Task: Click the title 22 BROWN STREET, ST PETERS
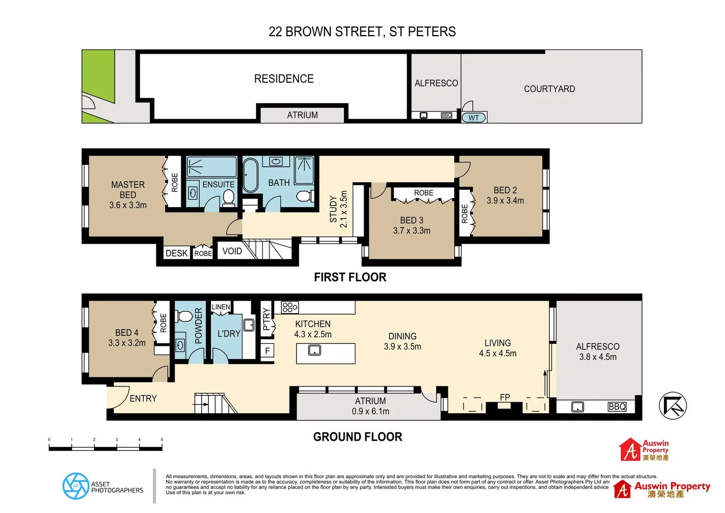tap(362, 32)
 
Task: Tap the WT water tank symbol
tap(474, 117)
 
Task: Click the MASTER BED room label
tap(128, 190)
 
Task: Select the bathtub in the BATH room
tap(250, 175)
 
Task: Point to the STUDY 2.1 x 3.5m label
tap(338, 209)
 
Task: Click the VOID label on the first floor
tap(232, 251)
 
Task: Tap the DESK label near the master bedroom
tap(177, 253)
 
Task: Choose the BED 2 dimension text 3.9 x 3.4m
tap(505, 200)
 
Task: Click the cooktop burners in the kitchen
tap(289, 307)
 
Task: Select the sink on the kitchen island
tap(314, 351)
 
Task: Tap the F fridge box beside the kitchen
tap(268, 351)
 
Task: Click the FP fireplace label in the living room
tap(504, 397)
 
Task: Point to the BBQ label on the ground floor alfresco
tap(617, 407)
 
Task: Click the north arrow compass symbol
tap(672, 406)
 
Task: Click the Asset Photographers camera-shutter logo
tap(76, 486)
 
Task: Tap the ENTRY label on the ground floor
tap(143, 399)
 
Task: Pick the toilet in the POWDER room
tap(183, 316)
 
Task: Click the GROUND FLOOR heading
tap(357, 437)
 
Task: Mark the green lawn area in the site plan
tap(98, 76)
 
